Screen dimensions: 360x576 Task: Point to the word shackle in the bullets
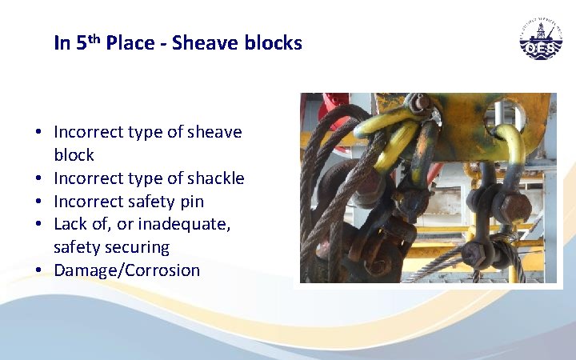click(x=216, y=178)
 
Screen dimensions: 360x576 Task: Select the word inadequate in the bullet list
click(x=189, y=224)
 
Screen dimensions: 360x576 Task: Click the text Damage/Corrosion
click(x=126, y=270)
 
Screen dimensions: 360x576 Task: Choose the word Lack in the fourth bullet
click(x=71, y=224)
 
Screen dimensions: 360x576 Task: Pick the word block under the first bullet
click(x=74, y=154)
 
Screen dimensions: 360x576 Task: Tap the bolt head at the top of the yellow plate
click(x=418, y=102)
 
